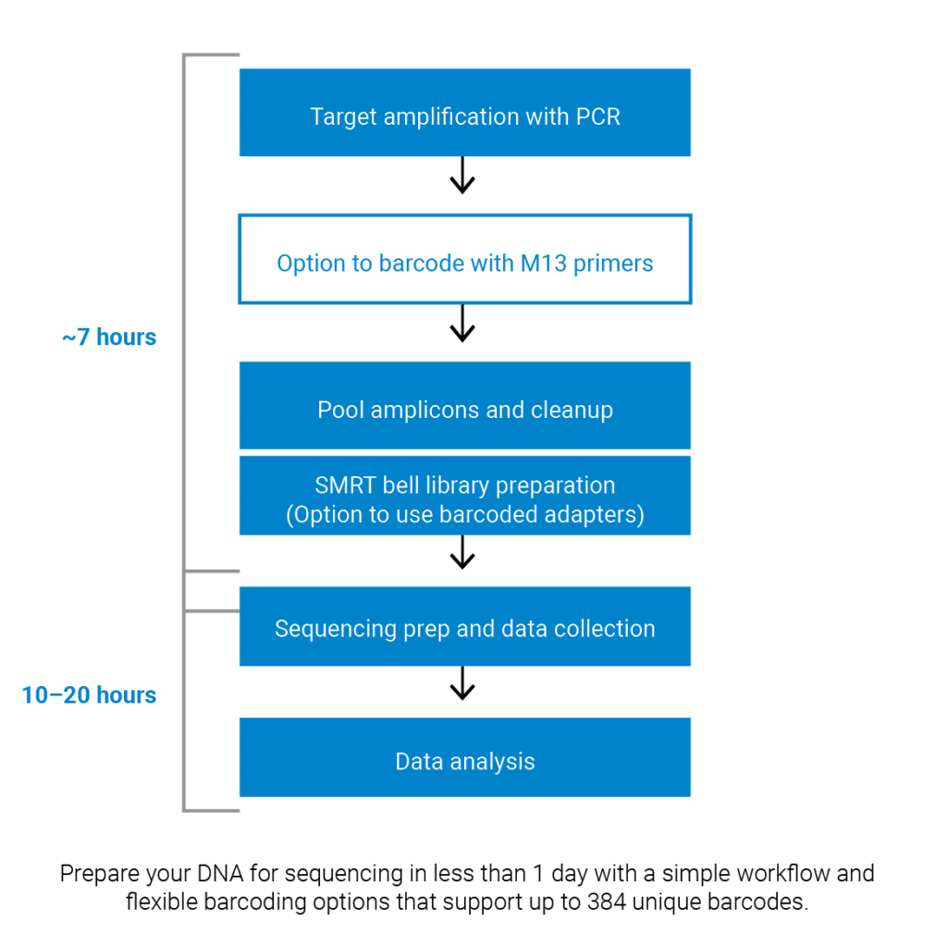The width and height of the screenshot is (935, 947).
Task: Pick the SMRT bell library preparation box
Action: [464, 495]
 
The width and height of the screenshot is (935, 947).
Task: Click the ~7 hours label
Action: [109, 338]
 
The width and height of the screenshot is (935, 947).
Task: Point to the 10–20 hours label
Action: [89, 695]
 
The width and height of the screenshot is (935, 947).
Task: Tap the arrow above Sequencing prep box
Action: [462, 555]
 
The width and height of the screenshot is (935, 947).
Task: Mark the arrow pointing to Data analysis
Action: [462, 687]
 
